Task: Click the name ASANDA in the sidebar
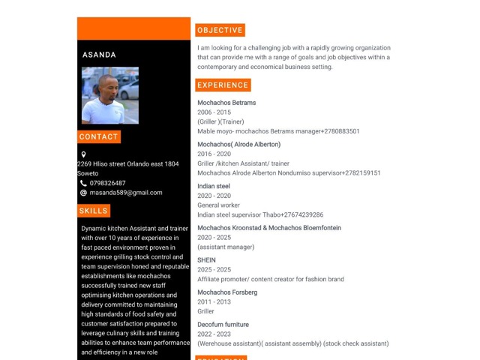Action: [x=99, y=55]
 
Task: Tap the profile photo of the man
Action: [x=110, y=95]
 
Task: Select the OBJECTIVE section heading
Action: [x=220, y=30]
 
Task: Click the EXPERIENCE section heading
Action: [x=223, y=85]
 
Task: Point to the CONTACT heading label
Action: [x=98, y=137]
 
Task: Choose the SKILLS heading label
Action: [x=94, y=211]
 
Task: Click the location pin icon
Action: [x=83, y=154]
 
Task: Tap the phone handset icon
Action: [x=83, y=183]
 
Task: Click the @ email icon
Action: [x=83, y=193]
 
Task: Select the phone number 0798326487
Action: [x=107, y=183]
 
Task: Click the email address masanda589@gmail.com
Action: [x=125, y=193]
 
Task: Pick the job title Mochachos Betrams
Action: [x=226, y=103]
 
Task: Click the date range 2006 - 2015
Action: [x=214, y=112]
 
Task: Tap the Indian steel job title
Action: [x=214, y=186]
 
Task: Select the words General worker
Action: [x=218, y=205]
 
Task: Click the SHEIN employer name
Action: [x=206, y=260]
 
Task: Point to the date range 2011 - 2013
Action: [x=214, y=301]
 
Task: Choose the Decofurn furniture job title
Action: [x=223, y=325]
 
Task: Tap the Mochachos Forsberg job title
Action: [x=227, y=292]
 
